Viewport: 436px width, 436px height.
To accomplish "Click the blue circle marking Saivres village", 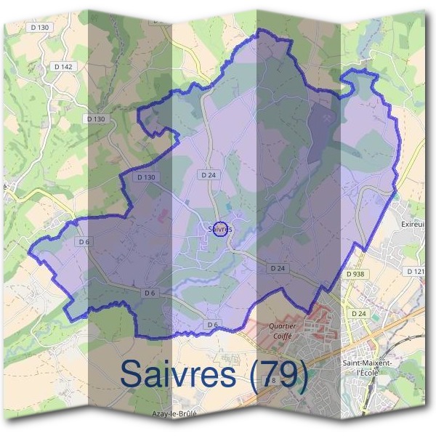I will tap(222, 228).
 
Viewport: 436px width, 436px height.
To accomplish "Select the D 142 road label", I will tap(64, 66).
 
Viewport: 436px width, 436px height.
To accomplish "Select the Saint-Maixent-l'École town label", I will tap(367, 366).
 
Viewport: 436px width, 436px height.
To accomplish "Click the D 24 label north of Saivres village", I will tap(209, 175).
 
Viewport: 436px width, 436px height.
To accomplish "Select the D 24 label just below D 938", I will tap(358, 313).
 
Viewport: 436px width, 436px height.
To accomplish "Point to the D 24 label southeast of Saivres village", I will tap(278, 268).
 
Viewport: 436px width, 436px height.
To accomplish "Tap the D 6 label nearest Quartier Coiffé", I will tap(212, 324).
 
